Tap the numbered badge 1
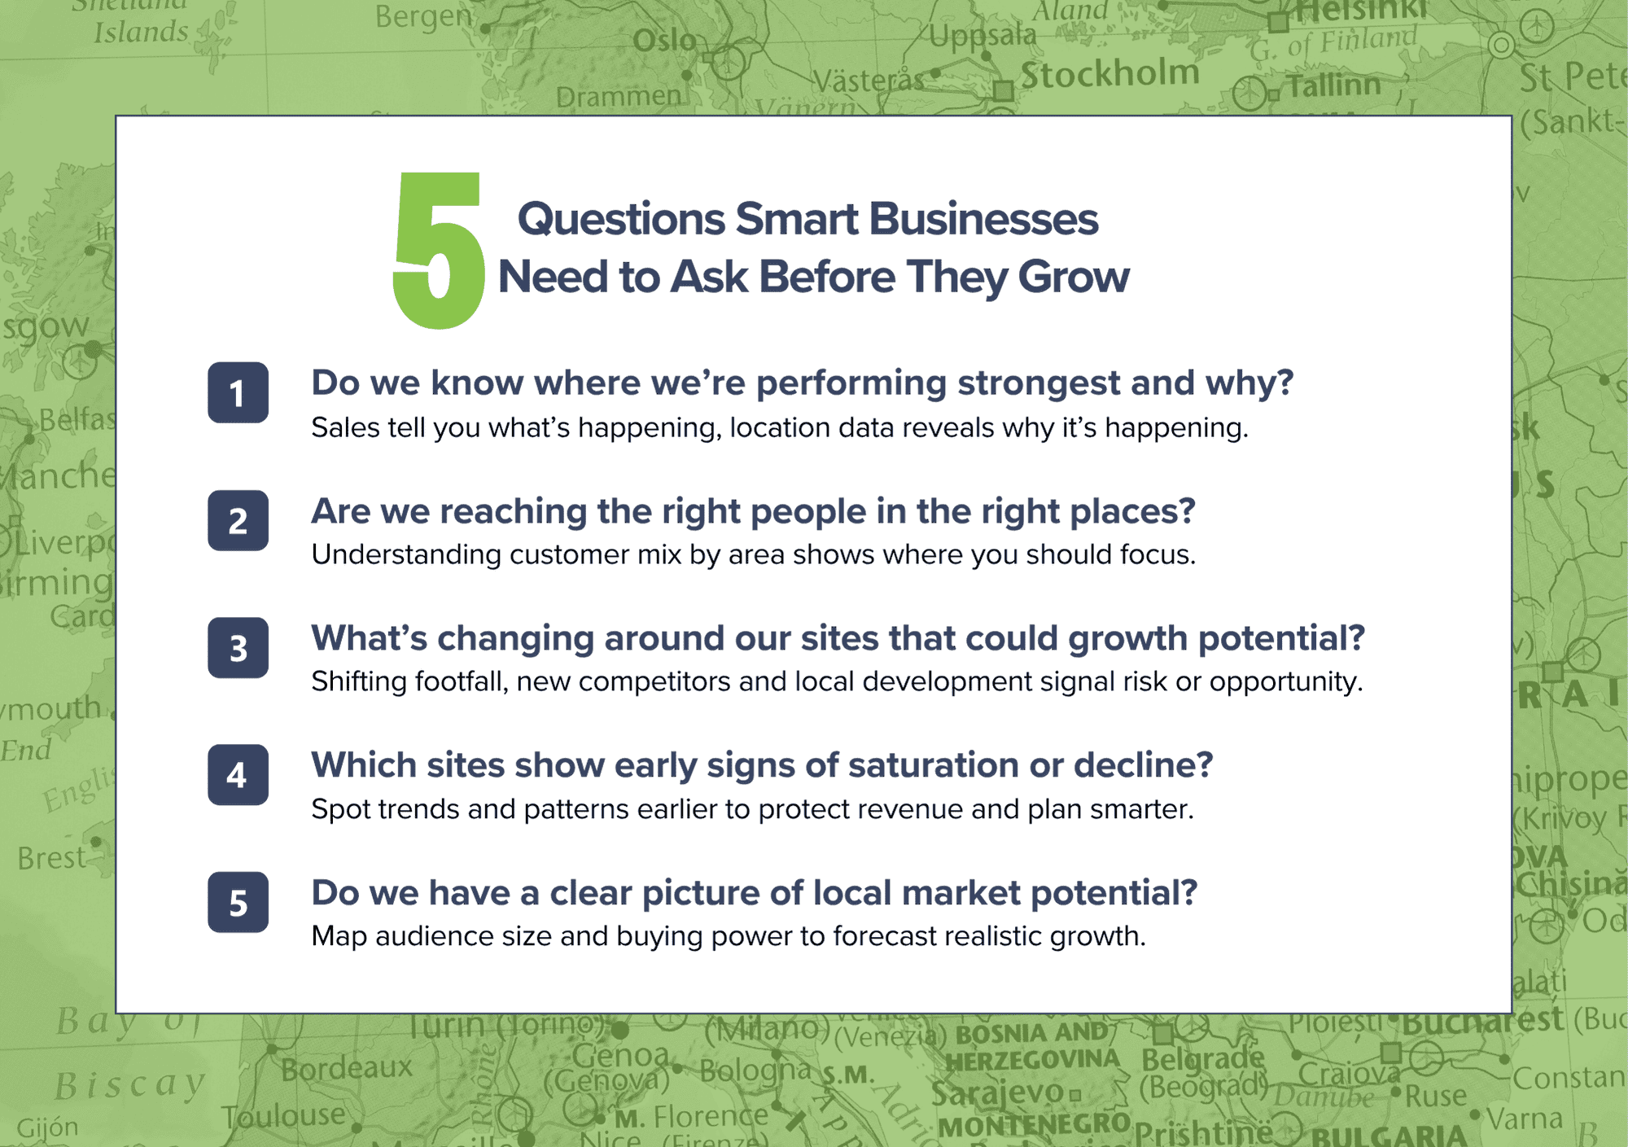tap(238, 393)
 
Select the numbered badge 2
tap(238, 521)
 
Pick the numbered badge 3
tap(238, 648)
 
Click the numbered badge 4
tap(238, 775)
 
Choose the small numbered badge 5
tap(238, 902)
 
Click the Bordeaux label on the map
tap(347, 1067)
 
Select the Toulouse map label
tap(284, 1114)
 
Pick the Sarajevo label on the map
tap(997, 1093)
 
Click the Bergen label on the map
tap(423, 16)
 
